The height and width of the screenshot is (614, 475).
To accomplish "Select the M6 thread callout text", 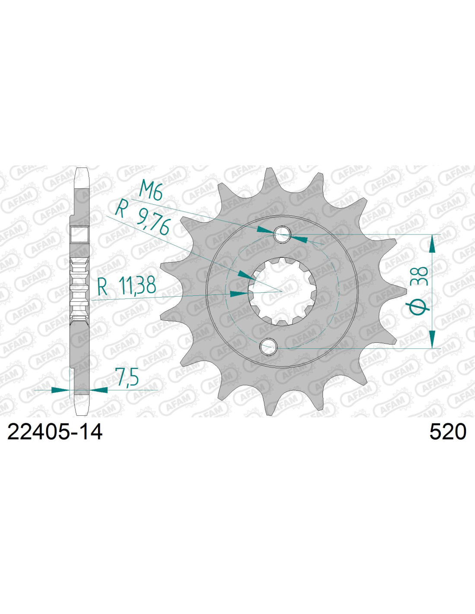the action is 151,193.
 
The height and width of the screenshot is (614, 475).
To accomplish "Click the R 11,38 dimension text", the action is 127,286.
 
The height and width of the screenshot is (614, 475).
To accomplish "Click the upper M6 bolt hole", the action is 282,234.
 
